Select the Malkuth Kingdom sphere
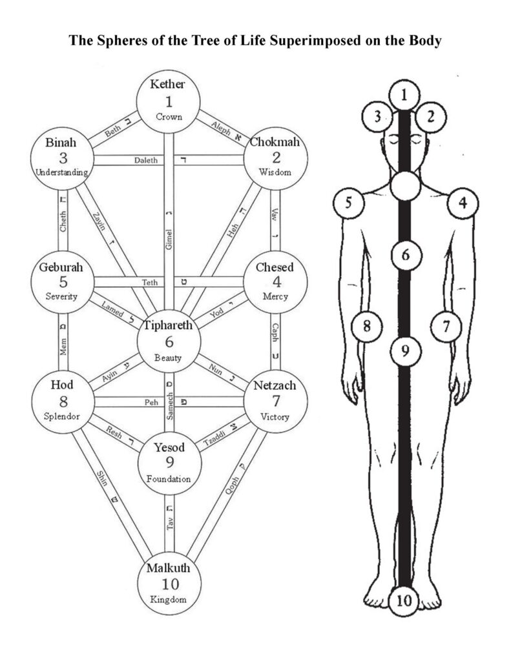167,585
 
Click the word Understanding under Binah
63,172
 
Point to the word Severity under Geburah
63,296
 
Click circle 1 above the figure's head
404,96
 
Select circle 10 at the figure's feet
404,600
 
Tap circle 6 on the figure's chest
405,255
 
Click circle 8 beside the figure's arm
366,326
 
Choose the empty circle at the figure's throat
406,185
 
